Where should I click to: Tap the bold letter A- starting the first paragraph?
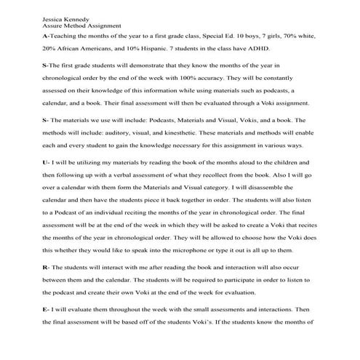46,35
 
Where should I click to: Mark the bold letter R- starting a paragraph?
46,269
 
